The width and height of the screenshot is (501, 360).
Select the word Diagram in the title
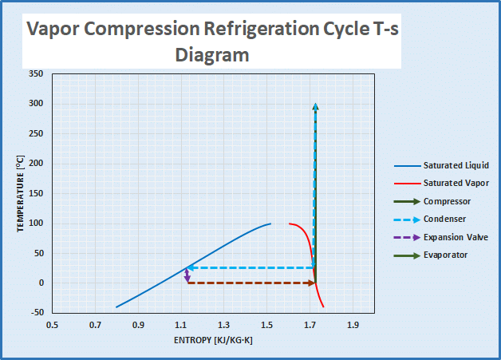click(212, 55)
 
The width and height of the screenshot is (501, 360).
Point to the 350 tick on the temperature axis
click(35, 73)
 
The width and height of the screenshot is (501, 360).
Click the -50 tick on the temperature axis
click(36, 313)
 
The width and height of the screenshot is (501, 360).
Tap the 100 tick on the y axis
click(35, 224)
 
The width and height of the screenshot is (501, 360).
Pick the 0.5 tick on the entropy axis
click(53, 326)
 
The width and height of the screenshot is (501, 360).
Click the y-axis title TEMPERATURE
click(22, 193)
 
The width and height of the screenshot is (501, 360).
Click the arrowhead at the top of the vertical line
click(315, 106)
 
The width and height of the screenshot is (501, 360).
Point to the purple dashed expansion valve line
click(187, 275)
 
